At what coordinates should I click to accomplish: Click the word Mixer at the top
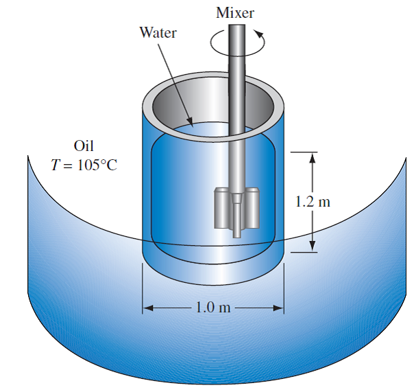pos(235,12)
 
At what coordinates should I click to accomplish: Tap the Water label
pos(158,32)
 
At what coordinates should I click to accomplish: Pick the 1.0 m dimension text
pos(212,307)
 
